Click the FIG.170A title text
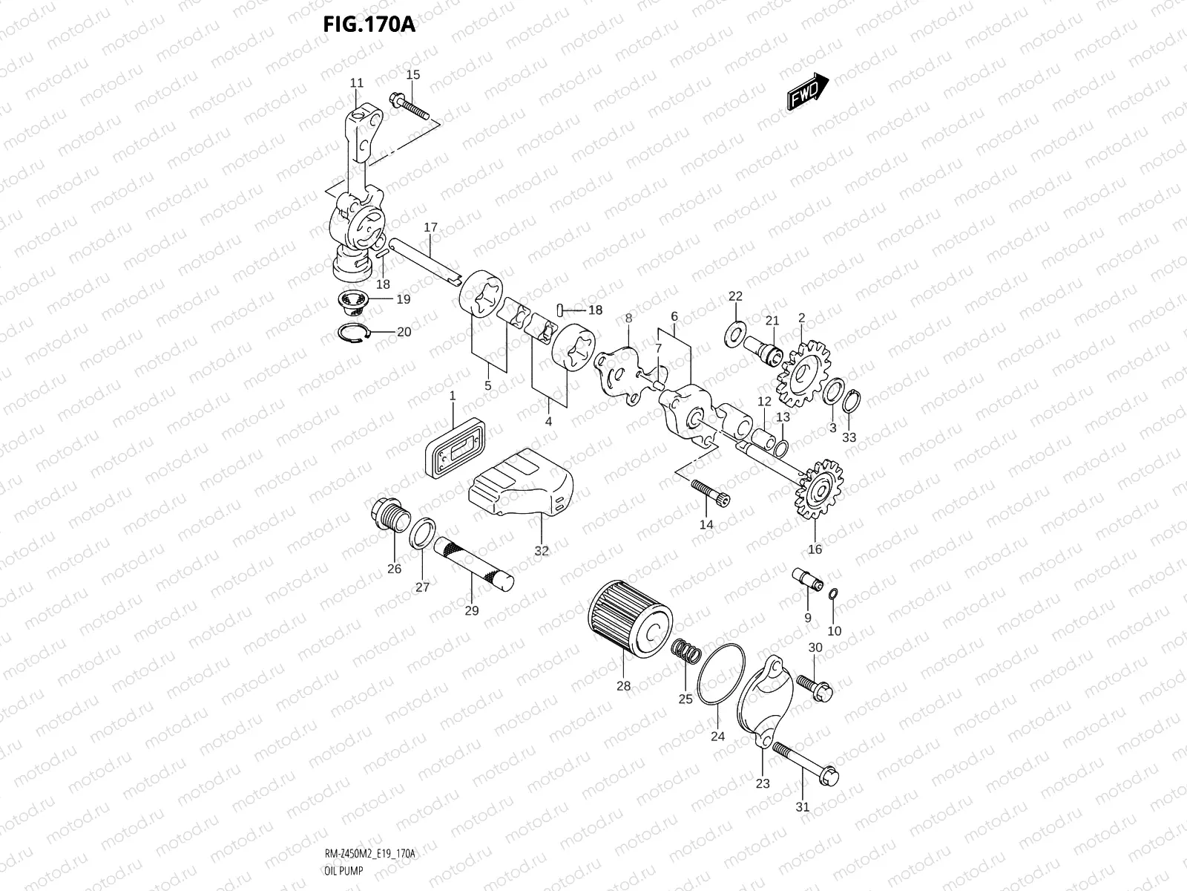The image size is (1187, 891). [369, 25]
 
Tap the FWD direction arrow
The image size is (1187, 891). [806, 92]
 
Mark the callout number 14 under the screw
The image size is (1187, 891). [706, 524]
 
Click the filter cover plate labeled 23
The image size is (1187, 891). [764, 698]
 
